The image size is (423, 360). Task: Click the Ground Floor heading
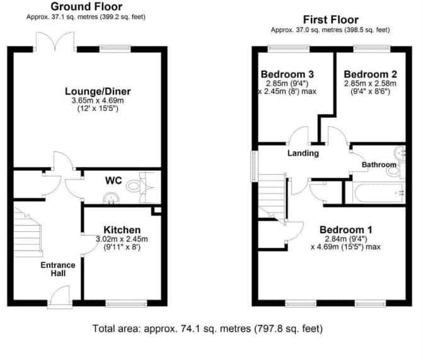(x=86, y=7)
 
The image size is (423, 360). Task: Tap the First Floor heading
(x=331, y=20)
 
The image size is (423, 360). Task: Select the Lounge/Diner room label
(x=98, y=91)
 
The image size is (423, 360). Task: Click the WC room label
(x=113, y=180)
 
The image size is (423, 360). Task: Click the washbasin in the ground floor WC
(x=111, y=197)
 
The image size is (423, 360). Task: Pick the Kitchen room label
(x=122, y=230)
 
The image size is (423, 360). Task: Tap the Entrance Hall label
(x=58, y=269)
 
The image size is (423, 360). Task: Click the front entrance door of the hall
(x=60, y=296)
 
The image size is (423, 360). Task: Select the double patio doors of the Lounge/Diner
(x=55, y=41)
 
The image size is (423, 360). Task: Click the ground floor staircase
(x=28, y=232)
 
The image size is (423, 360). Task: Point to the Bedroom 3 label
(x=287, y=74)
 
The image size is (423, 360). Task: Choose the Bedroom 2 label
(x=371, y=74)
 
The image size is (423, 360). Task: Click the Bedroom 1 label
(x=346, y=230)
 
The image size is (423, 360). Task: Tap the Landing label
(x=303, y=153)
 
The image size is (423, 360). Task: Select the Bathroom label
(x=379, y=165)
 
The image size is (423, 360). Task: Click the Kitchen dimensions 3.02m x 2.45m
(x=122, y=239)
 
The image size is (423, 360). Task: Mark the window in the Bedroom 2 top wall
(x=372, y=49)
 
